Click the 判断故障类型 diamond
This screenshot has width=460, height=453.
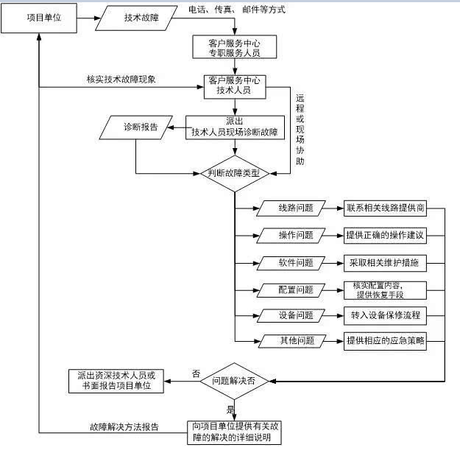coord(235,174)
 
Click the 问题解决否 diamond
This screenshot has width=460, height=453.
coord(235,381)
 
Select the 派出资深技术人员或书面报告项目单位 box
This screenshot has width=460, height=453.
coord(116,381)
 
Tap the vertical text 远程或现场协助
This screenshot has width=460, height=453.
coord(299,129)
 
